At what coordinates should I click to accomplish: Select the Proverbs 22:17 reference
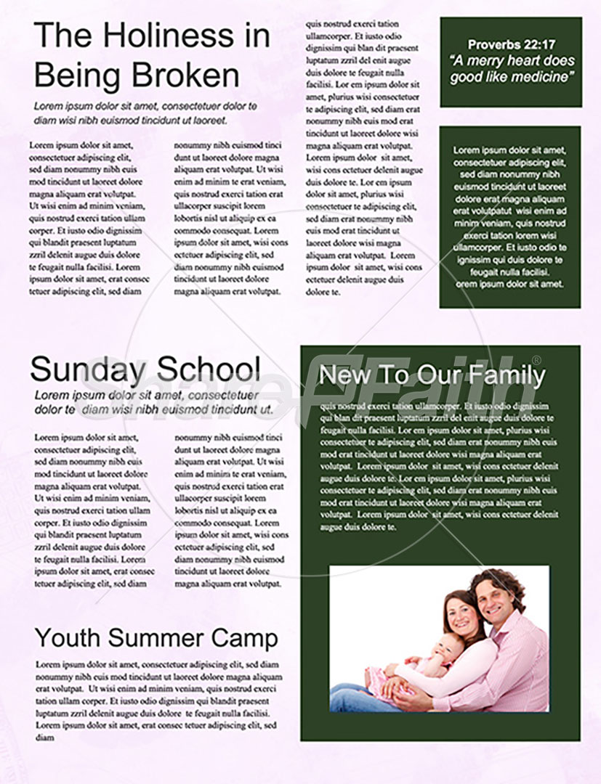[x=510, y=45]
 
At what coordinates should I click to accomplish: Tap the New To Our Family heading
[x=432, y=375]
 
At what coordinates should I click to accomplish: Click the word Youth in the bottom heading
[x=67, y=638]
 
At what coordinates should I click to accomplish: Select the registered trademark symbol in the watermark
[x=536, y=360]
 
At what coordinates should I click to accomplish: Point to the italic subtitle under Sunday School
[x=153, y=402]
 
